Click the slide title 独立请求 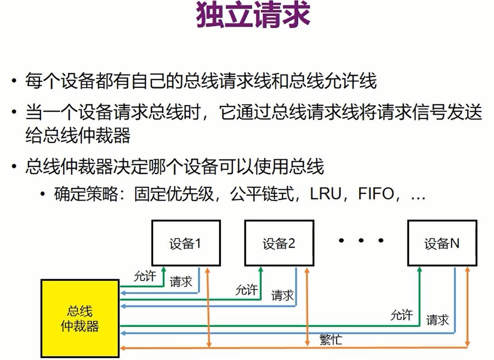(253, 15)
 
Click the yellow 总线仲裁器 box (80, 318)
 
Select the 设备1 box (186, 243)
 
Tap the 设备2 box (279, 243)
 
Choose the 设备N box (442, 243)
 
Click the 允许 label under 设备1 (145, 276)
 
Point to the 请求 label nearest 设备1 (181, 282)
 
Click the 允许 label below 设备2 (246, 290)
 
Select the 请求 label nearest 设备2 (282, 296)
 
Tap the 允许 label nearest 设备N (402, 315)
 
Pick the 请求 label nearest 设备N (438, 320)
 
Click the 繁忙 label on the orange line (330, 339)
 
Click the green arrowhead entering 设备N (420, 269)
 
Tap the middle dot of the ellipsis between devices (361, 241)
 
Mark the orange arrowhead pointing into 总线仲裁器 (123, 348)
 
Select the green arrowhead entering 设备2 (261, 269)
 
